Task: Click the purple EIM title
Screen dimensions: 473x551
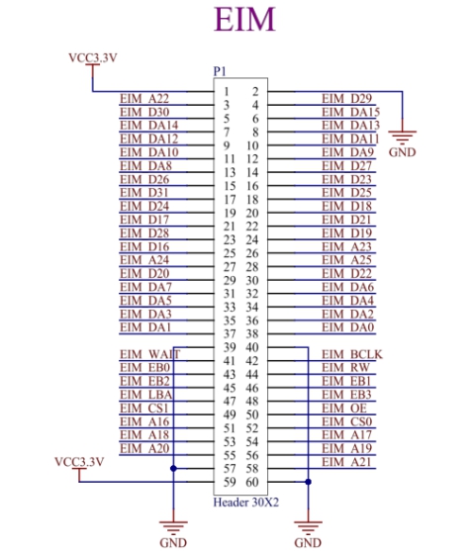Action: (x=244, y=20)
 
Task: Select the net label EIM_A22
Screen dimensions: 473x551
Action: (x=144, y=98)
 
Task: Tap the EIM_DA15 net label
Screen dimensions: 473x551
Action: (x=350, y=112)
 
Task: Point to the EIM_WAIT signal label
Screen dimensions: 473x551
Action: (x=150, y=354)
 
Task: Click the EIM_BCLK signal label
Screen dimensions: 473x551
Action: (x=352, y=354)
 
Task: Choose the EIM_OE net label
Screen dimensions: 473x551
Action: (x=344, y=409)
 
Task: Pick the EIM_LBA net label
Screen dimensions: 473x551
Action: (x=146, y=395)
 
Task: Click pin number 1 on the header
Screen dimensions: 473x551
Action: (x=227, y=91)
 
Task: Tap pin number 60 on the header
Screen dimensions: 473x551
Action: (x=252, y=482)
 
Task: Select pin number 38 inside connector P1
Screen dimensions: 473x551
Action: (x=252, y=333)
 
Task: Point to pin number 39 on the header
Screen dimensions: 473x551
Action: (x=230, y=347)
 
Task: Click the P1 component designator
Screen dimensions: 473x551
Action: (x=220, y=71)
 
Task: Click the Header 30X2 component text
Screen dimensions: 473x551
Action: (x=246, y=503)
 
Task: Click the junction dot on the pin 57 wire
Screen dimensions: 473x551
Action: (x=173, y=469)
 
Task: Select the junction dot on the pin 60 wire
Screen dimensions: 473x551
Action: (x=308, y=482)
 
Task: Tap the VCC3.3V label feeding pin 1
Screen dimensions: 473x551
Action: (x=93, y=57)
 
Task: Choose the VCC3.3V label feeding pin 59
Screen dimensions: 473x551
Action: (x=79, y=461)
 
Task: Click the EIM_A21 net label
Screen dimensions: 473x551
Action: (x=346, y=462)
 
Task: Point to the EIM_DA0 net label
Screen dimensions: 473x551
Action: (x=348, y=327)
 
